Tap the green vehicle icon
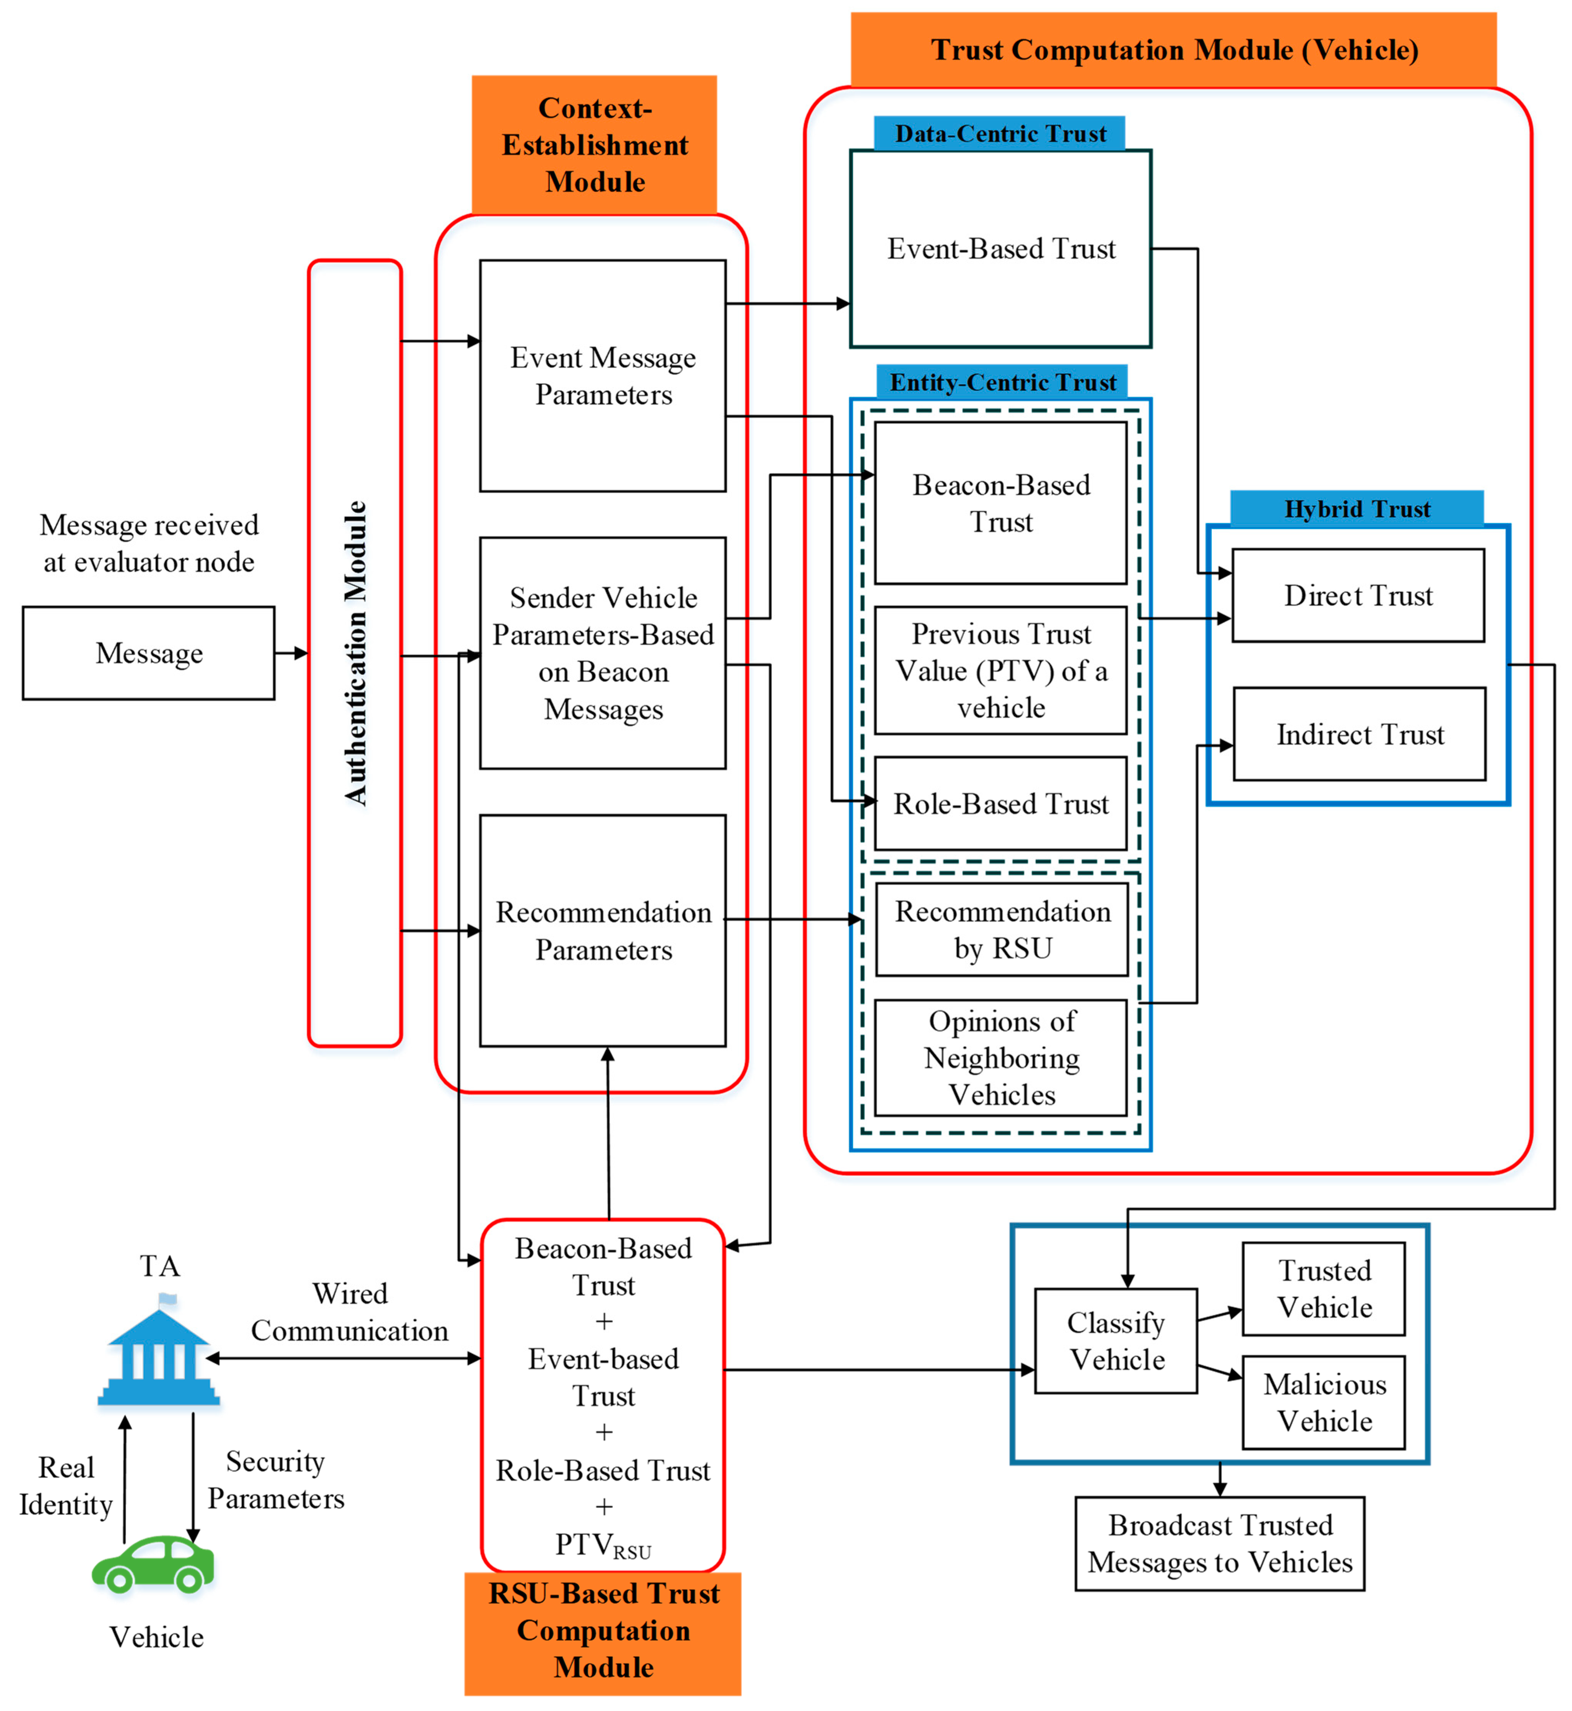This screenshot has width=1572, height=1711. click(x=153, y=1564)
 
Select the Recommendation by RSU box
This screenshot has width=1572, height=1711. click(x=1002, y=929)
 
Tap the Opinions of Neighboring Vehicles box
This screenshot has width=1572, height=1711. click(x=1001, y=1057)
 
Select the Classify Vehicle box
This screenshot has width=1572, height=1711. click(x=1116, y=1341)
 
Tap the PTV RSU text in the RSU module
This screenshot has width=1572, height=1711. click(x=603, y=1544)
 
